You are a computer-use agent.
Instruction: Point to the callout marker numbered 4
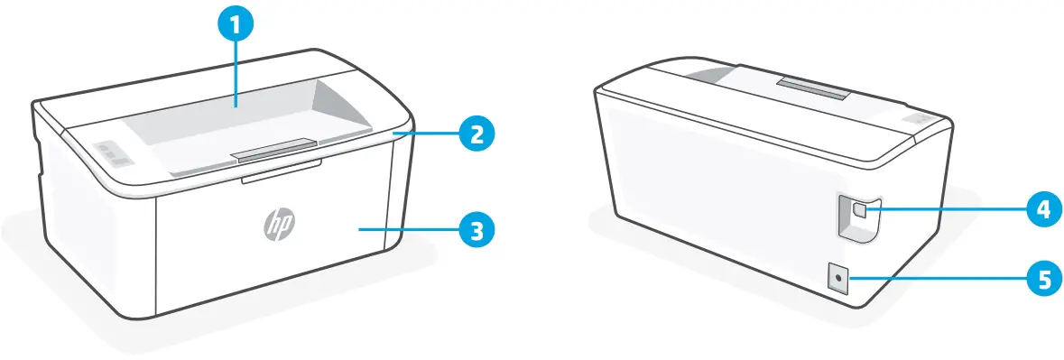[x=1044, y=210]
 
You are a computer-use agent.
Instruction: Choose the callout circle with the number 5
[x=1044, y=279]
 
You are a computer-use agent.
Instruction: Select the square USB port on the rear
[x=858, y=210]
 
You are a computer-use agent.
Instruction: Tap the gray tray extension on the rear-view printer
[x=814, y=88]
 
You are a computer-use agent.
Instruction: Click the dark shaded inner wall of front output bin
[x=343, y=104]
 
